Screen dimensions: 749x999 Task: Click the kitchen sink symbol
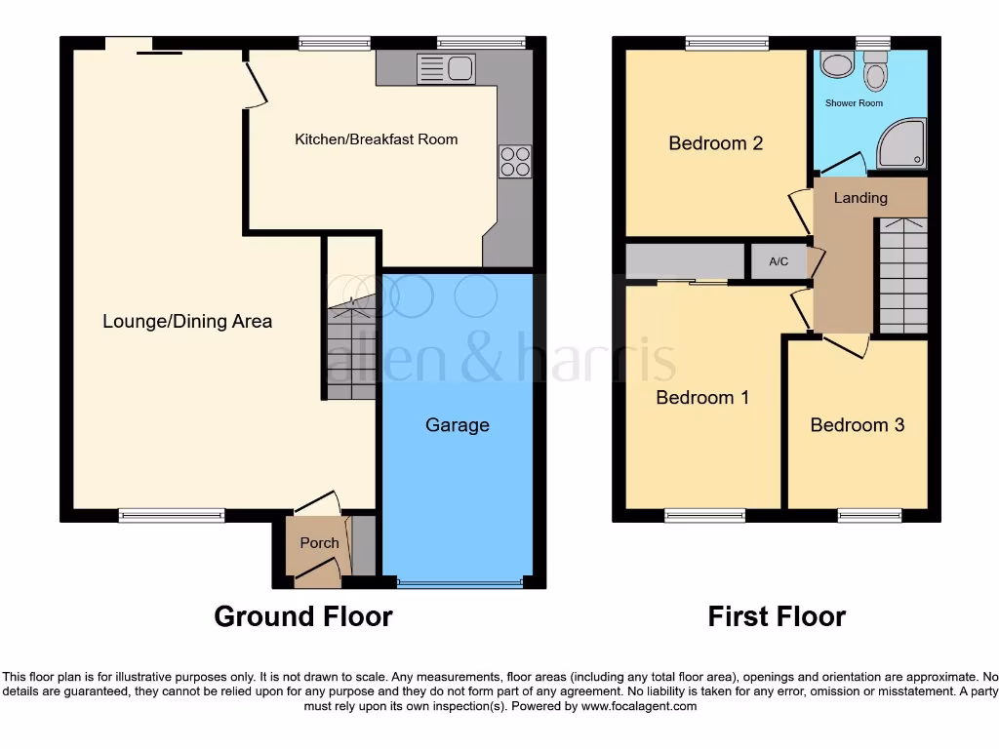(x=445, y=68)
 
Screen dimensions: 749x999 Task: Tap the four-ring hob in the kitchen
(x=515, y=161)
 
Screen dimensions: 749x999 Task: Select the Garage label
(x=457, y=425)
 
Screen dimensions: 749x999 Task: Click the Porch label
(x=319, y=543)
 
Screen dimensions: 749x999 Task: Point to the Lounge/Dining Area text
(x=187, y=321)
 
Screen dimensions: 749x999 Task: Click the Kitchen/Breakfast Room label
(x=376, y=139)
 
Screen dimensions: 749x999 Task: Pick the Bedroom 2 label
(x=715, y=143)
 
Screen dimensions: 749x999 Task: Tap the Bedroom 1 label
(x=702, y=398)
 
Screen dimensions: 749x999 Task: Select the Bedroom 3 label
(x=857, y=425)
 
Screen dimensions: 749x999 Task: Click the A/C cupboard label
(x=779, y=261)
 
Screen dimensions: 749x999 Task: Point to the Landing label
(x=860, y=198)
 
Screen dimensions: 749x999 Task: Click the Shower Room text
(x=854, y=102)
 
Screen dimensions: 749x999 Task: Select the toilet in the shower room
(x=874, y=72)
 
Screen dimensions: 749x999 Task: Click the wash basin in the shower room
(x=836, y=65)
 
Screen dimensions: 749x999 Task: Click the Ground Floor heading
(x=302, y=616)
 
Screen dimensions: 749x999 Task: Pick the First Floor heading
(x=777, y=616)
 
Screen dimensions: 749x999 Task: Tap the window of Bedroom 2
(x=719, y=42)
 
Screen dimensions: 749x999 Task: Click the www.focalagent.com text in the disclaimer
(x=639, y=706)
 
